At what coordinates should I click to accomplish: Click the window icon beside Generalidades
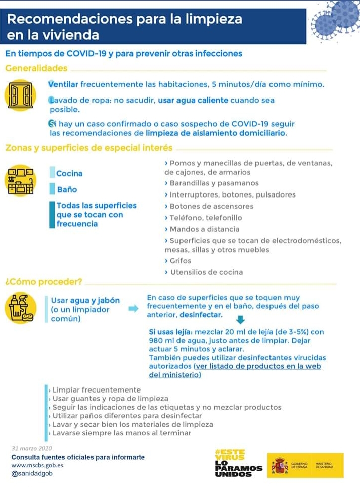(20, 95)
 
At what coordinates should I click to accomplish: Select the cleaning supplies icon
(20, 308)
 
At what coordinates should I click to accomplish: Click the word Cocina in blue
(69, 173)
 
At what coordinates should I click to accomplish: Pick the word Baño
(67, 189)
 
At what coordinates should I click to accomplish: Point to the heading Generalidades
(36, 68)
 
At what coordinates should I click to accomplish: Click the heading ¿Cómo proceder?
(44, 282)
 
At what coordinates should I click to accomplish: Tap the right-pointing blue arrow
(133, 308)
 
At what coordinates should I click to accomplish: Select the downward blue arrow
(240, 320)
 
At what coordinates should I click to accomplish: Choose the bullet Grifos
(180, 261)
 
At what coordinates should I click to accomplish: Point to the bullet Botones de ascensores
(211, 206)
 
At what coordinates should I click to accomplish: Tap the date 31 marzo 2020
(32, 448)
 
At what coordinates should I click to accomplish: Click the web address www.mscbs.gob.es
(38, 465)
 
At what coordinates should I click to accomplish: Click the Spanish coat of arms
(280, 465)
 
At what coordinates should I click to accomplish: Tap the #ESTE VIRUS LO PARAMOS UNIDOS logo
(238, 463)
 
